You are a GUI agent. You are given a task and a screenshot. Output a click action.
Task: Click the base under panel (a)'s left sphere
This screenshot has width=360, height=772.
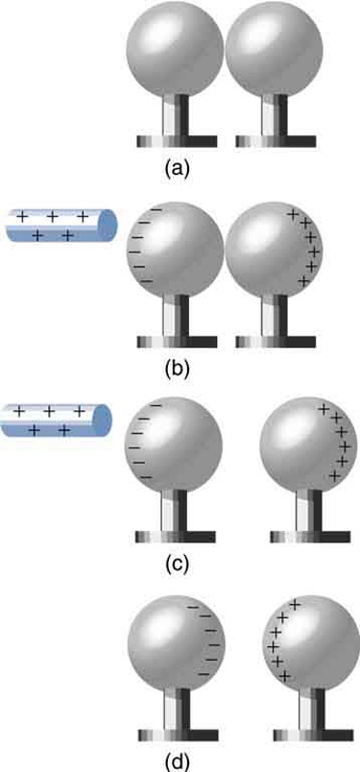click(177, 141)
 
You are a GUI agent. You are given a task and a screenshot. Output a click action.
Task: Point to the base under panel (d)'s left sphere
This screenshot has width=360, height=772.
click(177, 734)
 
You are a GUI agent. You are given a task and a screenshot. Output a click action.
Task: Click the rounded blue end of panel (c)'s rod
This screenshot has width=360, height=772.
click(105, 422)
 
